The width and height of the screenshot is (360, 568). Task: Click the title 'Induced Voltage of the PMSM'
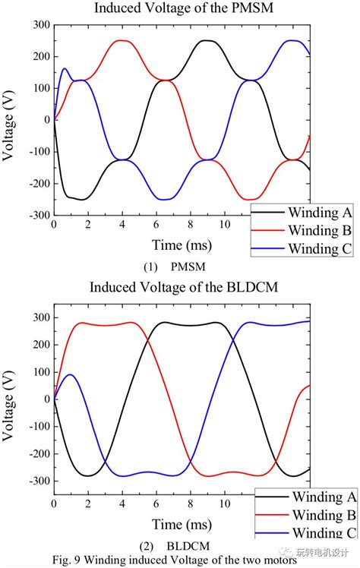(180, 9)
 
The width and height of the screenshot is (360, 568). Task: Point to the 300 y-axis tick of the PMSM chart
(39, 25)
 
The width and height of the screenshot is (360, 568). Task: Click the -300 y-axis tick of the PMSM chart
(37, 215)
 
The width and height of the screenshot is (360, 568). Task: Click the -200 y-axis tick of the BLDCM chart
(37, 453)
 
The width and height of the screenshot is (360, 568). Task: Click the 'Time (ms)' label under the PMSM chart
(161, 245)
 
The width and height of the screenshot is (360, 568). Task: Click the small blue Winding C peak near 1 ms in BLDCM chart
(71, 375)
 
